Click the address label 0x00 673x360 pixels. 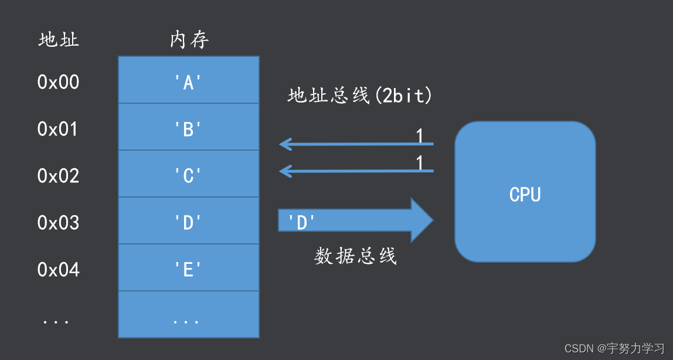point(58,82)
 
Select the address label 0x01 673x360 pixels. point(58,129)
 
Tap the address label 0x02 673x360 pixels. point(58,176)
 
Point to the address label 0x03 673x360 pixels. point(58,223)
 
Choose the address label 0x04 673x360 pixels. point(58,270)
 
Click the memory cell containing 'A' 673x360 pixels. point(189,80)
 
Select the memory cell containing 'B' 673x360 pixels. point(189,127)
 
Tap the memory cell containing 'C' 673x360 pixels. point(189,174)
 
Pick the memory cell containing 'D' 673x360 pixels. point(189,221)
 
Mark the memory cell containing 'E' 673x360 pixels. point(189,268)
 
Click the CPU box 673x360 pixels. point(525,192)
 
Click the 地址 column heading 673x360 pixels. point(59,40)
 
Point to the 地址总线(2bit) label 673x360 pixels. point(360,96)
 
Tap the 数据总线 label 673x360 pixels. point(356,256)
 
